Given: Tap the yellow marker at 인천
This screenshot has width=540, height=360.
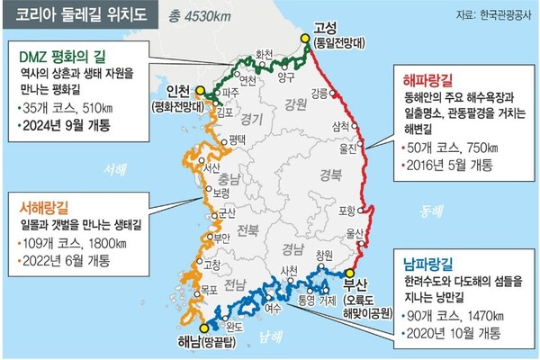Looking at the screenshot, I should tap(201, 89).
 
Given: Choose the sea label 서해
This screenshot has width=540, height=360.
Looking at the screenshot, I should tap(116, 169).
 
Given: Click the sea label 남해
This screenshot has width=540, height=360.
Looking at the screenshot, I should tap(269, 337).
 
